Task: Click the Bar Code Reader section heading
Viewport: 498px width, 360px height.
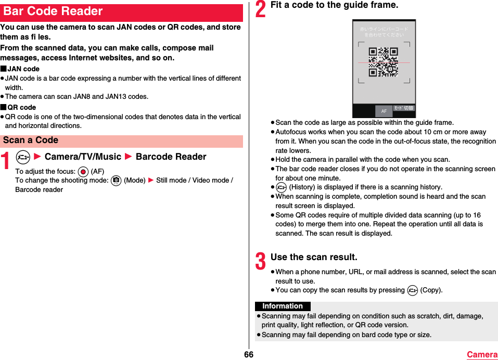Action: pyautogui.click(x=53, y=11)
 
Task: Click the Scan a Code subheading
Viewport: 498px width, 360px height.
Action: pyautogui.click(x=31, y=140)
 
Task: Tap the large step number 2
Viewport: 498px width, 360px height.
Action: pyautogui.click(x=260, y=9)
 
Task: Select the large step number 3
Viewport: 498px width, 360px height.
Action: pyautogui.click(x=260, y=261)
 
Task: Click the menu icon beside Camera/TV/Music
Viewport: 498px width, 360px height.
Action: pyautogui.click(x=22, y=157)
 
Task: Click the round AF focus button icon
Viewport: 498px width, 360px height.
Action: pyautogui.click(x=83, y=172)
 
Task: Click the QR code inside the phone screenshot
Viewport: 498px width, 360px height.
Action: pyautogui.click(x=384, y=62)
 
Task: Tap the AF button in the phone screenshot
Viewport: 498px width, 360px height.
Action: pyautogui.click(x=384, y=111)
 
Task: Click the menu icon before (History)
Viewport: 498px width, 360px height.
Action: pyautogui.click(x=282, y=187)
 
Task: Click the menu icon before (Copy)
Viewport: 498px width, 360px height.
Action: pyautogui.click(x=413, y=290)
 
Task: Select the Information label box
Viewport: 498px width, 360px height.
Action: pyautogui.click(x=283, y=306)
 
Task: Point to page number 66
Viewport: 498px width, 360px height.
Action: pyautogui.click(x=249, y=355)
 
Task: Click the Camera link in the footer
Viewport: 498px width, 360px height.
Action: pyautogui.click(x=482, y=355)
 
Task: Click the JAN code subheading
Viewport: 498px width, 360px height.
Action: pyautogui.click(x=23, y=69)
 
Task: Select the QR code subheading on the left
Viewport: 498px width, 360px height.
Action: pyautogui.click(x=22, y=108)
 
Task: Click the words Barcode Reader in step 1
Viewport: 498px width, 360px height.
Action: pyautogui.click(x=171, y=157)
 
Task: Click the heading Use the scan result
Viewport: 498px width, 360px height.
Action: pyautogui.click(x=314, y=257)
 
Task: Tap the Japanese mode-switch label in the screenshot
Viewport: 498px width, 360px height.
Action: pyautogui.click(x=404, y=108)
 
